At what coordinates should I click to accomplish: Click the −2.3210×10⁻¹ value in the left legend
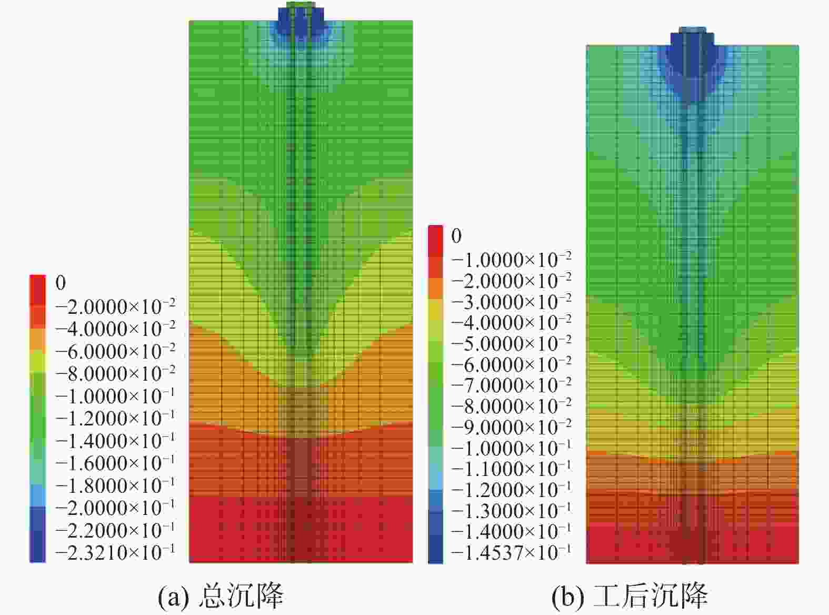click(115, 552)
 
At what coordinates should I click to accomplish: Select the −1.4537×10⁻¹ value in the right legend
click(511, 552)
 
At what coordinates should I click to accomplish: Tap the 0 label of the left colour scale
click(61, 283)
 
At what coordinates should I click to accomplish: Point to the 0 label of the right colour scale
click(456, 236)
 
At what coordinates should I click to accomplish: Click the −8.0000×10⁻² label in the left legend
click(115, 373)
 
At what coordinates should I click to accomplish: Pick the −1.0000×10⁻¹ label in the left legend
click(115, 396)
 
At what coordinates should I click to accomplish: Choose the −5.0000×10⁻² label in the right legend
click(511, 343)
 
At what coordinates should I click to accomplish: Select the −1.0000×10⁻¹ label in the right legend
click(511, 448)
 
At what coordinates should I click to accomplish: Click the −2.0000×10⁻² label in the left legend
click(115, 306)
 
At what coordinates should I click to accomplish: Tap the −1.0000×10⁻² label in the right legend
click(511, 260)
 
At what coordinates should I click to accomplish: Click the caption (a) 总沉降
click(221, 596)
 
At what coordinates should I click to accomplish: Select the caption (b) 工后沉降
click(630, 596)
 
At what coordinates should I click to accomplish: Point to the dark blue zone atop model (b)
click(692, 63)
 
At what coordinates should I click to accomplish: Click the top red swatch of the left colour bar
click(37, 284)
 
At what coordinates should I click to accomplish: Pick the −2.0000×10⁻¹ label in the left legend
click(115, 508)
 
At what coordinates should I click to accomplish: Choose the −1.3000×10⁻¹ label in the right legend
click(511, 511)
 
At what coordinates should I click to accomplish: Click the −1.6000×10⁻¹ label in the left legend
click(115, 463)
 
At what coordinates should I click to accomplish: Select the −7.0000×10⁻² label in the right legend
click(511, 385)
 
